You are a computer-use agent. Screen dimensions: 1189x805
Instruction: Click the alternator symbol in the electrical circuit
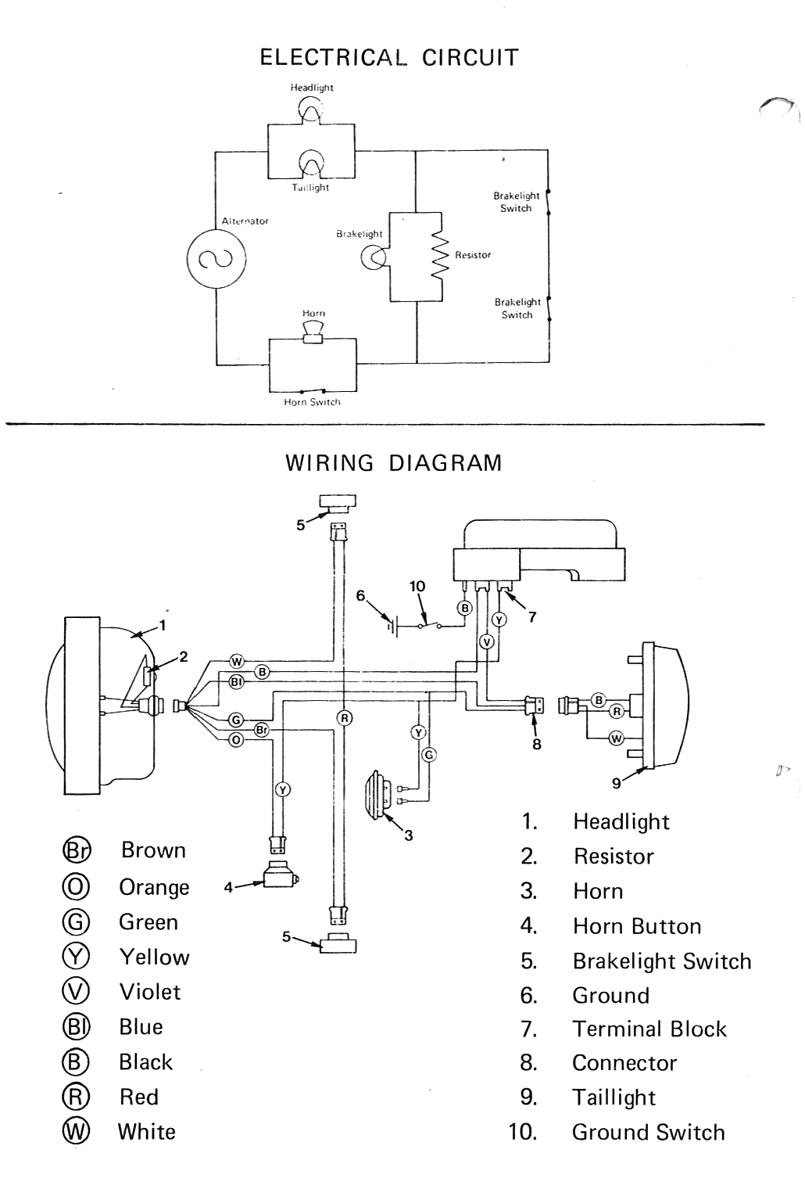(216, 259)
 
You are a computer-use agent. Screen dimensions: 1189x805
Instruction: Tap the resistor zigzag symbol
(440, 256)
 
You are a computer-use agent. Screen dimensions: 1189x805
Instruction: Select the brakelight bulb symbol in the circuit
(374, 256)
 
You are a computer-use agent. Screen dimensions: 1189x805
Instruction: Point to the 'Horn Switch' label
(312, 402)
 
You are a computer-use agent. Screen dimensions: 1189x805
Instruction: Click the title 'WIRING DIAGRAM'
(393, 463)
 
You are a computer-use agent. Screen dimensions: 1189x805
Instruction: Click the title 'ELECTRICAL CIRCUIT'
(388, 58)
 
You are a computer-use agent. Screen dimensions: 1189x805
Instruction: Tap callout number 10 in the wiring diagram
(417, 586)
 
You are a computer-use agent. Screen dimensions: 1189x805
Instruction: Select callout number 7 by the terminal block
(532, 617)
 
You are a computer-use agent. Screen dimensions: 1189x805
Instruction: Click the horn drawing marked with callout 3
(378, 795)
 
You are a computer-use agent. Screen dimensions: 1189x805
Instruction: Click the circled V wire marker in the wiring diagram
(487, 642)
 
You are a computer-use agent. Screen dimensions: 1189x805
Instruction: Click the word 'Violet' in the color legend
(149, 992)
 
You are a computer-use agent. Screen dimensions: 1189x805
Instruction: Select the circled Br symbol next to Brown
(76, 850)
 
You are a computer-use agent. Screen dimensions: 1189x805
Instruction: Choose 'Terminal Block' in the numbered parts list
(649, 1029)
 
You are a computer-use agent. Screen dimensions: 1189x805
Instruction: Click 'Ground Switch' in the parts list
(648, 1133)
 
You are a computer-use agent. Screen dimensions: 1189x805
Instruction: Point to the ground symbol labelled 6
(392, 624)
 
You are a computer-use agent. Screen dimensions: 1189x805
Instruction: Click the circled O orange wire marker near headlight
(236, 740)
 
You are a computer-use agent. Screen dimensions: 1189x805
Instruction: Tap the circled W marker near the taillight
(616, 738)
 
